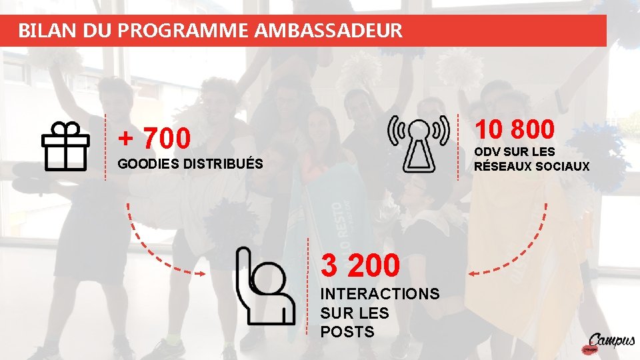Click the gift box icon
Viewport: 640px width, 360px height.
tap(65, 146)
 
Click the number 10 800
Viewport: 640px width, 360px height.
tap(514, 130)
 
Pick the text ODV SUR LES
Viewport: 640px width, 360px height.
tap(514, 152)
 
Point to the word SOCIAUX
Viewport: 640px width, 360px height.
tap(564, 166)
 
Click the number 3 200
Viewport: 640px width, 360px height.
tap(361, 265)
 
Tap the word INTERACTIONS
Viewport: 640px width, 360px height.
tap(380, 294)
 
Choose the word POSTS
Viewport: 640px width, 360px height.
tap(347, 332)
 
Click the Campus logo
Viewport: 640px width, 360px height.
tap(610, 343)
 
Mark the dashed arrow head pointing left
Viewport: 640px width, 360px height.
tap(472, 273)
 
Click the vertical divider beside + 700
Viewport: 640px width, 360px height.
tap(106, 147)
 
